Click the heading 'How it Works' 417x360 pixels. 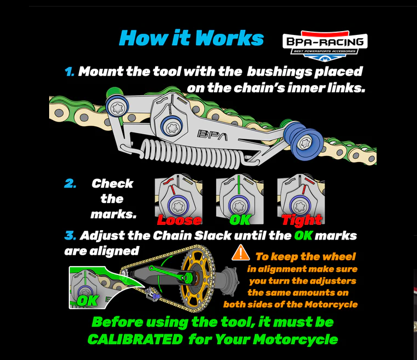[x=191, y=38]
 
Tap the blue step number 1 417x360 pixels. [x=69, y=72]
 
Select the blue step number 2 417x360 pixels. [x=70, y=184]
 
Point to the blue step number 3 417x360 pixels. [x=70, y=236]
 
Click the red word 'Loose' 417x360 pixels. [x=179, y=220]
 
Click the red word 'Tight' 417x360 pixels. [x=302, y=220]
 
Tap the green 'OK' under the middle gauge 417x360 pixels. [x=240, y=220]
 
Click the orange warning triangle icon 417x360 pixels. [x=240, y=253]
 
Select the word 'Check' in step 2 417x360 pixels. [x=112, y=184]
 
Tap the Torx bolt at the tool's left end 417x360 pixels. [x=117, y=107]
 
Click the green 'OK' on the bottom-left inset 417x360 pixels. [x=87, y=300]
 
